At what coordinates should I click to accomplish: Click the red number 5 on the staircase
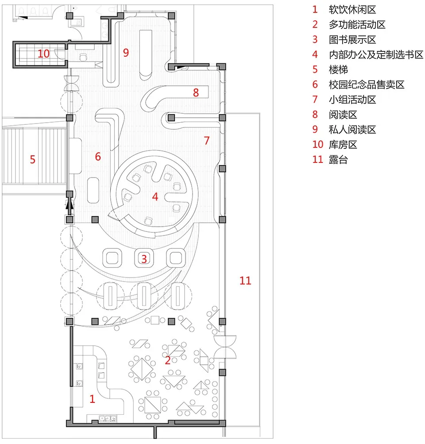point(32,159)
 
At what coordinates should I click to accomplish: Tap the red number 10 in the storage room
point(43,54)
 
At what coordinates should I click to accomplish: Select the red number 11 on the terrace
point(245,280)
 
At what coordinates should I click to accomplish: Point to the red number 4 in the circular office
point(155,197)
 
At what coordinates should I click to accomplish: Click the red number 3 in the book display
point(143,259)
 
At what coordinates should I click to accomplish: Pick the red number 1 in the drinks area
point(92,399)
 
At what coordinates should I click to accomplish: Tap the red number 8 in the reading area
point(196,93)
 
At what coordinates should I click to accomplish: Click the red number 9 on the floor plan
point(126,53)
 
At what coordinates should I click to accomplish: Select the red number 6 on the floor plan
point(98,156)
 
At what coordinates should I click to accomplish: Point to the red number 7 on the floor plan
point(206,141)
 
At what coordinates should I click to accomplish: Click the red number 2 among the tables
point(167,360)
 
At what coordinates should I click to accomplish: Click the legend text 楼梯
point(338,69)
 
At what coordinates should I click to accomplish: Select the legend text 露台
point(338,160)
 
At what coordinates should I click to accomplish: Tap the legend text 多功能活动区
point(357,24)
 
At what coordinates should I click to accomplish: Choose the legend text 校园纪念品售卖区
point(367,85)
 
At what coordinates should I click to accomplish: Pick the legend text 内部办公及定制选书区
point(376,54)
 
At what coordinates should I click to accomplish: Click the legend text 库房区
point(343,145)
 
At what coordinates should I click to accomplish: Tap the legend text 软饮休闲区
point(352,9)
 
